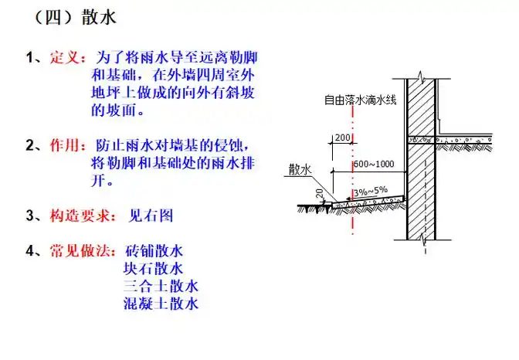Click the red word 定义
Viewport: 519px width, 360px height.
click(64, 58)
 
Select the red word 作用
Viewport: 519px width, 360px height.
click(64, 145)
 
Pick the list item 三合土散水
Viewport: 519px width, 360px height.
click(161, 287)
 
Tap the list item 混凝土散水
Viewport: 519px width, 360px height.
click(161, 304)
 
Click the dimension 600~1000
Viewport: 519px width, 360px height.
click(375, 164)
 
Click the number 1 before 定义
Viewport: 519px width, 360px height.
click(29, 58)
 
